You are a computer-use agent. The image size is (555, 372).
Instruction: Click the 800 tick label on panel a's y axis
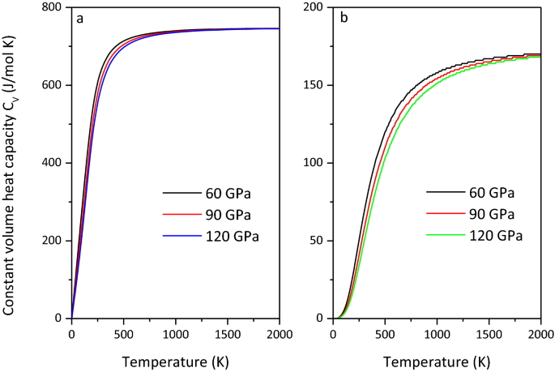point(53,8)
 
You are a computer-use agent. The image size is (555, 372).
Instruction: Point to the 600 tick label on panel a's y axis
point(53,85)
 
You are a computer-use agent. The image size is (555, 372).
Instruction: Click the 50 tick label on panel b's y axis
point(319,241)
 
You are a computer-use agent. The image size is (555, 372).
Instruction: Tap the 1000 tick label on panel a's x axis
point(175,332)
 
